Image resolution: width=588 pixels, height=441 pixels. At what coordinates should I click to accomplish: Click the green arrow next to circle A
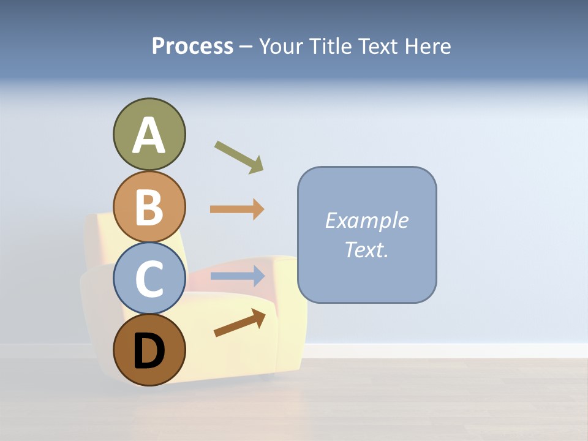[x=239, y=157]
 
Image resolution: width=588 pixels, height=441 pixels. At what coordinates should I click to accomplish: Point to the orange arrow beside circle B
[x=237, y=209]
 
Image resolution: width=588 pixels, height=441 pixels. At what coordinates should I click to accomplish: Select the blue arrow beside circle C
[x=237, y=276]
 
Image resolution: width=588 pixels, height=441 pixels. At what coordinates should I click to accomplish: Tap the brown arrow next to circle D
[x=239, y=323]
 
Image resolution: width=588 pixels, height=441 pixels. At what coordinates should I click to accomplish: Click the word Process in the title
[x=192, y=46]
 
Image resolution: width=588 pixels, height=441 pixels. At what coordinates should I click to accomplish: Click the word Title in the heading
[x=331, y=46]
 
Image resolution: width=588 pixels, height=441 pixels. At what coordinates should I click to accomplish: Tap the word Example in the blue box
[x=366, y=221]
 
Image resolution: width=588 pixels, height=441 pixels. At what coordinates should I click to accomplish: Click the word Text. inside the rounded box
[x=366, y=249]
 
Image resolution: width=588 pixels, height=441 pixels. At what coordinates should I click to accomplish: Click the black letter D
[x=149, y=352]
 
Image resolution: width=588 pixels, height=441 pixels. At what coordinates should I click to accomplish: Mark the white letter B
[x=149, y=207]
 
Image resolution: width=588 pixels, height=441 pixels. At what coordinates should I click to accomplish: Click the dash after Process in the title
[x=246, y=47]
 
